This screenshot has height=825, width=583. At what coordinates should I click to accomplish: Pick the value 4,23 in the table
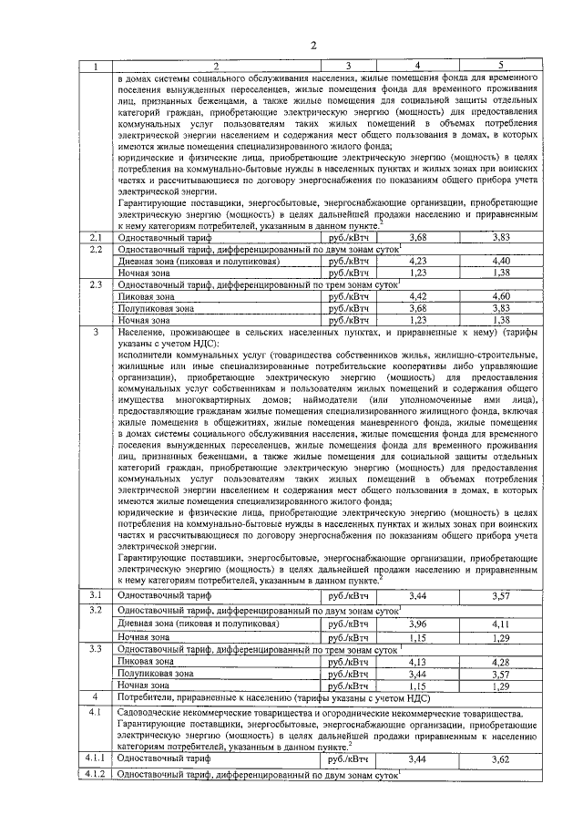[x=418, y=261]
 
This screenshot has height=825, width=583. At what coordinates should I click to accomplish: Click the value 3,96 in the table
[x=418, y=624]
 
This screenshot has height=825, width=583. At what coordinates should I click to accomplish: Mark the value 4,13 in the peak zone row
[x=418, y=661]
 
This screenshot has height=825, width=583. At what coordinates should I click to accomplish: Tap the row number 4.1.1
[x=94, y=758]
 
